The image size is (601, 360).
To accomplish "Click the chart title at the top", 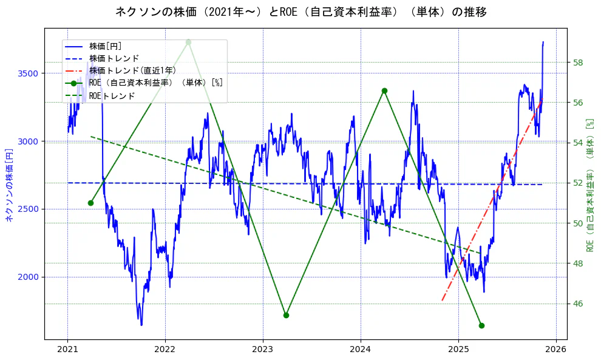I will click(x=300, y=12).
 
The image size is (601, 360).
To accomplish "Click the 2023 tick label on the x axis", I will click(x=263, y=349).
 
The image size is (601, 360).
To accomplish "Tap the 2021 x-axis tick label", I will click(x=67, y=349).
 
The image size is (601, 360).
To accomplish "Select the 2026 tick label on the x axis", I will click(x=555, y=349).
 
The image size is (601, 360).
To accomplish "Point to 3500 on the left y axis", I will click(x=28, y=73).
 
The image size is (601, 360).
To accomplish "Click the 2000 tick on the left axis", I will click(x=28, y=277).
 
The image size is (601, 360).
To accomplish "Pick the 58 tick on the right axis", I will click(x=579, y=63).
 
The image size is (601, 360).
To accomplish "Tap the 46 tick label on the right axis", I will click(x=579, y=304).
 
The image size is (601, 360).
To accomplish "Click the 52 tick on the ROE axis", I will click(x=579, y=183).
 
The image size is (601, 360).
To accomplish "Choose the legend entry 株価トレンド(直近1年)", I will click(x=132, y=70).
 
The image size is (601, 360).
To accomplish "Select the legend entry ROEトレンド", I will click(x=112, y=96).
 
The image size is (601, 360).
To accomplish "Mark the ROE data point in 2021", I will click(x=90, y=203).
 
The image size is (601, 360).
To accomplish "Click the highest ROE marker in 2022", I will click(x=188, y=42).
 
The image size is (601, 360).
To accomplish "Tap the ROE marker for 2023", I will click(x=286, y=315).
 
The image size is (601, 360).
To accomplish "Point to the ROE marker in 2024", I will click(x=384, y=90).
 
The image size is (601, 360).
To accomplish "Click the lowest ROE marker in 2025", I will click(x=481, y=325).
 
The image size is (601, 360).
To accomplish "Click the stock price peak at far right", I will click(x=543, y=42).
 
